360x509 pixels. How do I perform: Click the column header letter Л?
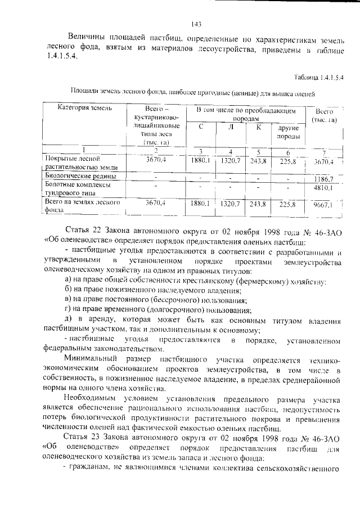click(231, 127)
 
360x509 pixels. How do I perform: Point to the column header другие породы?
click(288, 132)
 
